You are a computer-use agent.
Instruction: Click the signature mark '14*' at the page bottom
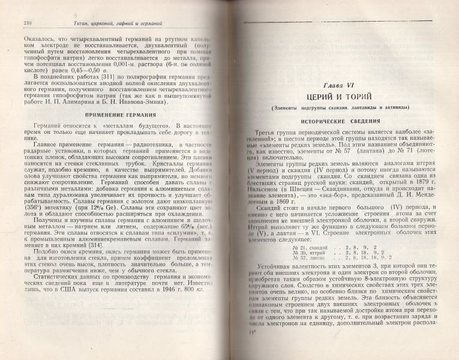(253, 346)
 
